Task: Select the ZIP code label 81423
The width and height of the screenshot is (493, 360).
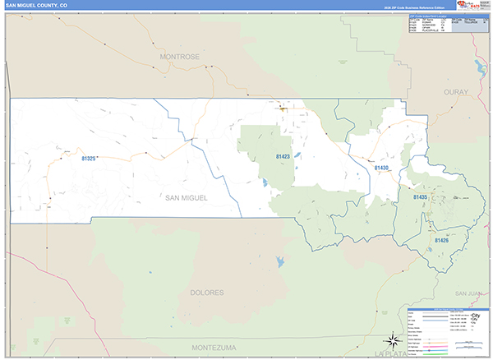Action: pyautogui.click(x=282, y=156)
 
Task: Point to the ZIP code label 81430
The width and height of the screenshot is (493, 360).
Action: pyautogui.click(x=381, y=168)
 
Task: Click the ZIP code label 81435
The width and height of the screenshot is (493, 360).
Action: pyautogui.click(x=420, y=197)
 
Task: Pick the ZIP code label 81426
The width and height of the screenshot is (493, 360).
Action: pyautogui.click(x=440, y=241)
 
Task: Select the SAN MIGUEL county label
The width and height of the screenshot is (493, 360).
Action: pyautogui.click(x=187, y=198)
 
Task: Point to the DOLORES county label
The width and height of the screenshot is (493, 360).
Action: pyautogui.click(x=207, y=293)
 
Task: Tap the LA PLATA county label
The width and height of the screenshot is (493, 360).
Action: pyautogui.click(x=391, y=353)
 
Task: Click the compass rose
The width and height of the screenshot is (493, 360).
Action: pyautogui.click(x=393, y=341)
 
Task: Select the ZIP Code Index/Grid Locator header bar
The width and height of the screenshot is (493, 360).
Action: pyautogui.click(x=428, y=16)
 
